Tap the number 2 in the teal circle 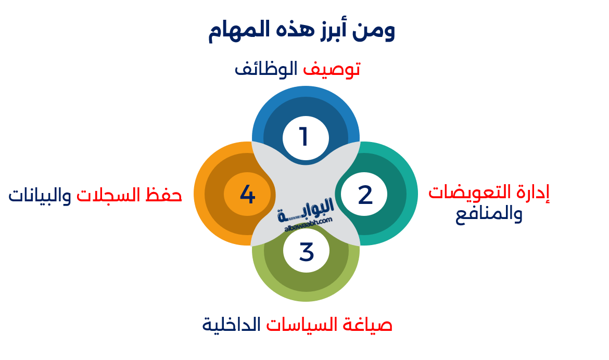tap(365, 195)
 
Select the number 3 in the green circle tap(307, 252)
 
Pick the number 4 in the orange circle tap(247, 195)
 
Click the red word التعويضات tap(472, 192)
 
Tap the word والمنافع tap(489, 215)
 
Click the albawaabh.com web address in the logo tap(309, 225)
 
